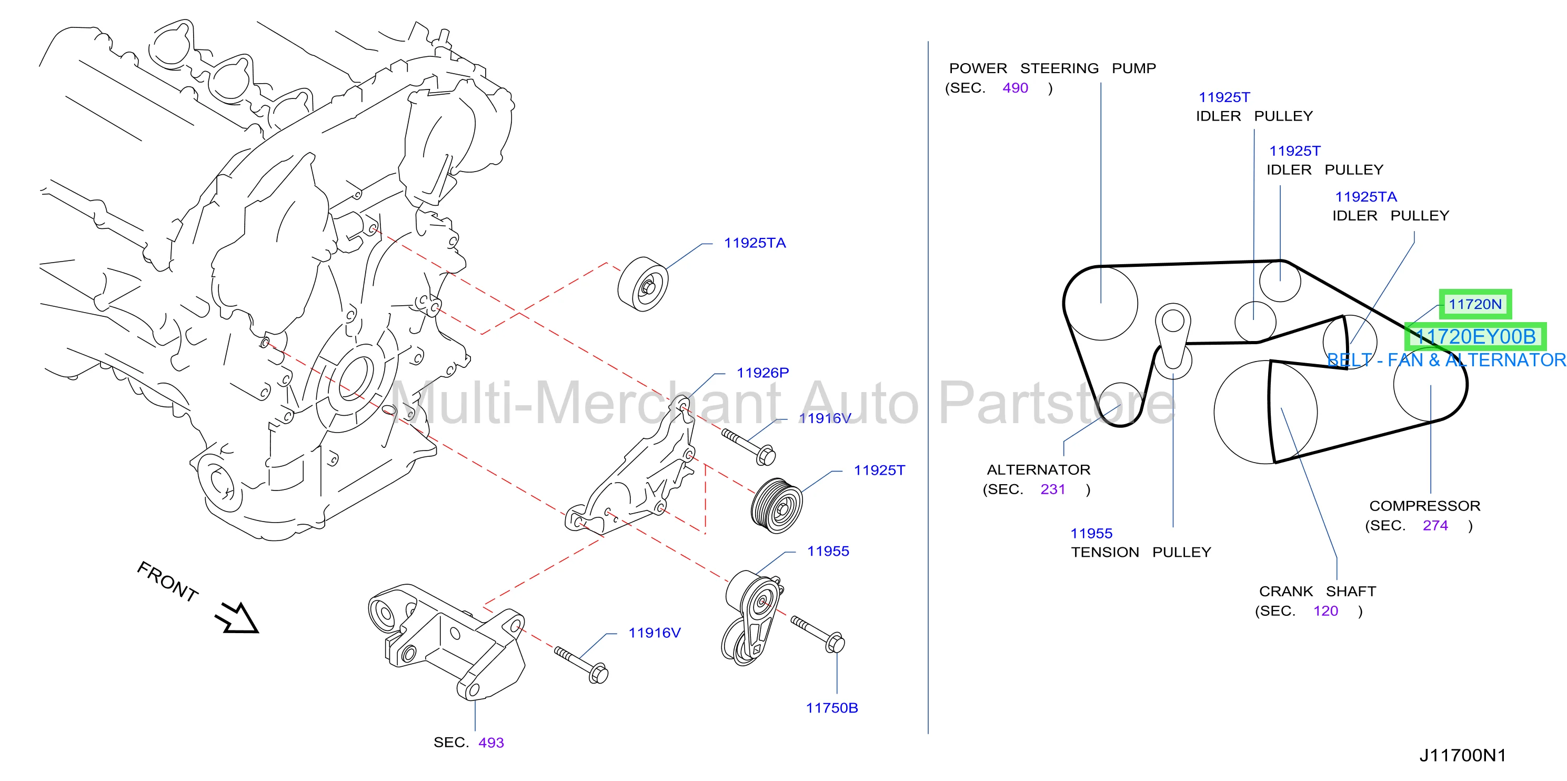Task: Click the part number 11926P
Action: (762, 373)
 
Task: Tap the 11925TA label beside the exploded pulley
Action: (755, 243)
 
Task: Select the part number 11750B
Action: (831, 708)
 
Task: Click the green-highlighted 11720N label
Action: (1474, 304)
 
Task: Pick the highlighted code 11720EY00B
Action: (1475, 336)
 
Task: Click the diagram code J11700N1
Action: (1462, 755)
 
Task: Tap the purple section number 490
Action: (1015, 88)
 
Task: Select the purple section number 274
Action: (1435, 526)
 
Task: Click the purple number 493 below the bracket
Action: (491, 743)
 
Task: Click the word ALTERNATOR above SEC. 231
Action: (1038, 469)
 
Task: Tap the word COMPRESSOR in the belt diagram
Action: (1424, 506)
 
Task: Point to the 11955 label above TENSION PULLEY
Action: (1091, 534)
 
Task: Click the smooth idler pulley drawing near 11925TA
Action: (643, 284)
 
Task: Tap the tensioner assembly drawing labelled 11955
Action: (752, 617)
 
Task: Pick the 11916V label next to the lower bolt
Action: (654, 633)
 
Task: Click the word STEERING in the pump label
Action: (1059, 68)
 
